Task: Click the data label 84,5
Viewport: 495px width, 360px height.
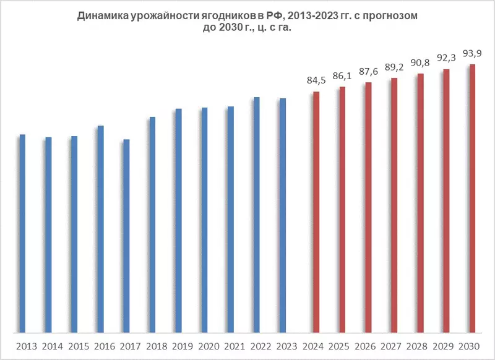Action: coord(316,80)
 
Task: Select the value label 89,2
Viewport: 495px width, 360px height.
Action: coord(394,66)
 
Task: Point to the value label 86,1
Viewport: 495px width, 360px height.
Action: coord(342,75)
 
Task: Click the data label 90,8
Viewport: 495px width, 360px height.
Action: coord(420,62)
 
